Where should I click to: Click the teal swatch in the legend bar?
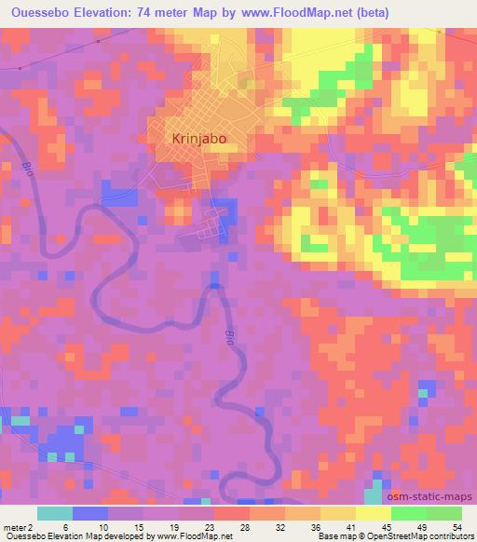pos(54,512)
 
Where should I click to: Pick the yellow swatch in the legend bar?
pos(374,512)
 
